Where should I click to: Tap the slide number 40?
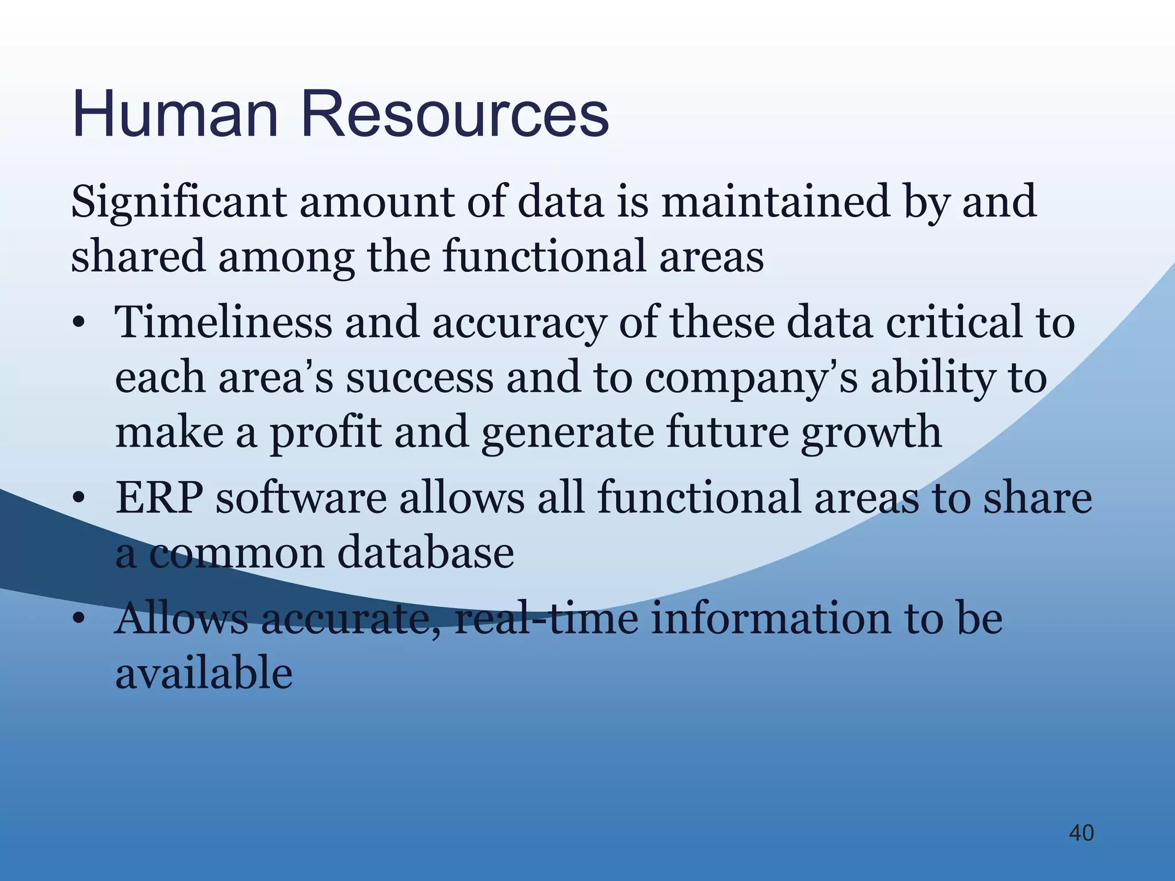pos(1081,833)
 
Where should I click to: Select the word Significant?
pos(178,202)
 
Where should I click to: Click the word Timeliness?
pos(224,322)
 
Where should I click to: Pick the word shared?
pos(138,257)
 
